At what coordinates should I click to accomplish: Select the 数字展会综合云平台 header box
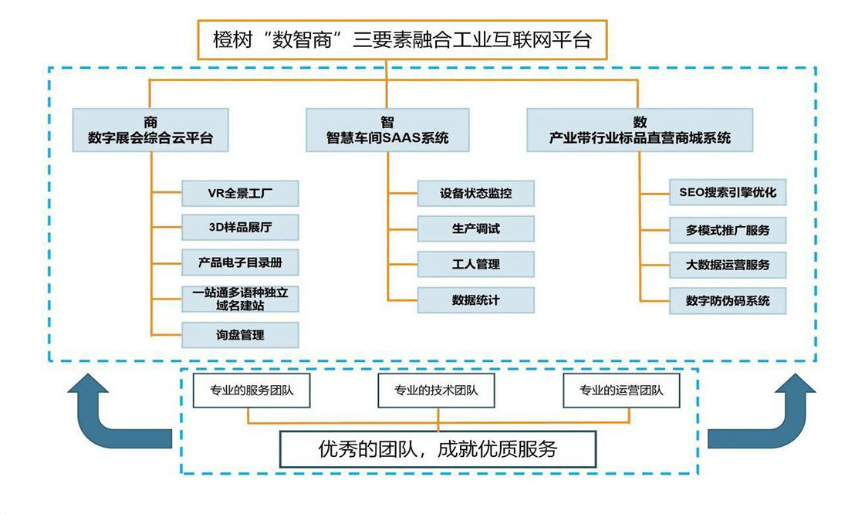150,130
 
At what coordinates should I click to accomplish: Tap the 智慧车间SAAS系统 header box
387,130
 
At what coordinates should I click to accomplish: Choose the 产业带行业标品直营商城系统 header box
640,130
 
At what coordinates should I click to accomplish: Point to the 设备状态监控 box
475,193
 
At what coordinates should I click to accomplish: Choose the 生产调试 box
475,228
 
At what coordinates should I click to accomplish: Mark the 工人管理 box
475,264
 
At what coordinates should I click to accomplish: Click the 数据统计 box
475,299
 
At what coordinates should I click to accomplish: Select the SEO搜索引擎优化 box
728,193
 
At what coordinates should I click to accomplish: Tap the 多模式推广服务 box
728,230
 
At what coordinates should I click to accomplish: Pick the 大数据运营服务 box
728,265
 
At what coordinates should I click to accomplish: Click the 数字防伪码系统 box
728,300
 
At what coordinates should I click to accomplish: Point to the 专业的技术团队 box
436,391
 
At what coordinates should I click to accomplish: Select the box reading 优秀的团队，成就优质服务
438,448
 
